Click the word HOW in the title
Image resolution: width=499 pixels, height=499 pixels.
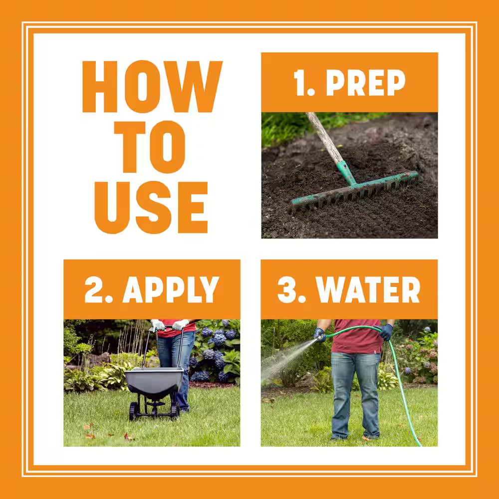coord(152,86)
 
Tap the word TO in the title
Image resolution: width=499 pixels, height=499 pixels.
coord(150,147)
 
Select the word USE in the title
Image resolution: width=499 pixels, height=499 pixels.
coord(152,208)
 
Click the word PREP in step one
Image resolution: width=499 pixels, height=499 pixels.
coord(366,83)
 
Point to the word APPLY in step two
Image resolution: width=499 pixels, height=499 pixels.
coord(171,289)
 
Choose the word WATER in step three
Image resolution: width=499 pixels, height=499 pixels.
coord(368,289)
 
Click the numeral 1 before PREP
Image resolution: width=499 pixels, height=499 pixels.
coord(300,83)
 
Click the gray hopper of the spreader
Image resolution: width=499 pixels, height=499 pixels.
coord(154,381)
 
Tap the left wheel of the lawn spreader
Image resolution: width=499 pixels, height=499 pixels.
coord(134,411)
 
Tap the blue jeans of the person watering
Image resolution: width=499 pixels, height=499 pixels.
coord(355,395)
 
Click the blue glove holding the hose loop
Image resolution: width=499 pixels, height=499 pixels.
coord(386,332)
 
